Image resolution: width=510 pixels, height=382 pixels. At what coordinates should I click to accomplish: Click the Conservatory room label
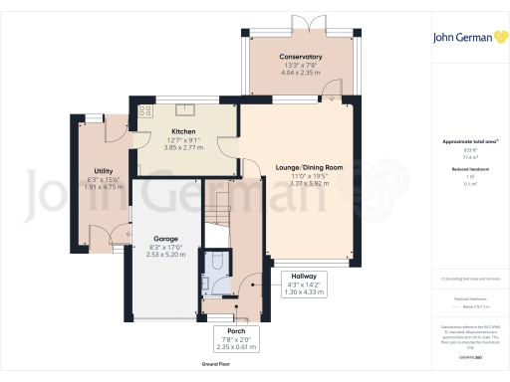click(x=300, y=57)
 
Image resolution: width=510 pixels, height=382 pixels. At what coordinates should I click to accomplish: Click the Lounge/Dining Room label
click(x=309, y=167)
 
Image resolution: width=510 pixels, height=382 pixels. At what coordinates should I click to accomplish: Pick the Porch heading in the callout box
click(x=236, y=330)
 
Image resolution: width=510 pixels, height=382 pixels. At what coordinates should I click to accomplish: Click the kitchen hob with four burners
click(x=143, y=110)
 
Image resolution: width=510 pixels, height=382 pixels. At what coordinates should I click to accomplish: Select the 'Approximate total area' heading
click(x=461, y=141)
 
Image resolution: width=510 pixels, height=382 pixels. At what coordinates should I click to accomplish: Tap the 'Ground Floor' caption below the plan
click(x=218, y=365)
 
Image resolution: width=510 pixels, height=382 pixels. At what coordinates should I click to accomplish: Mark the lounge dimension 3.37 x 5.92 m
click(x=309, y=183)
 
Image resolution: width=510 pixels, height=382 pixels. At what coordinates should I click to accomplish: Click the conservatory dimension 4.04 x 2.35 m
click(x=300, y=73)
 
